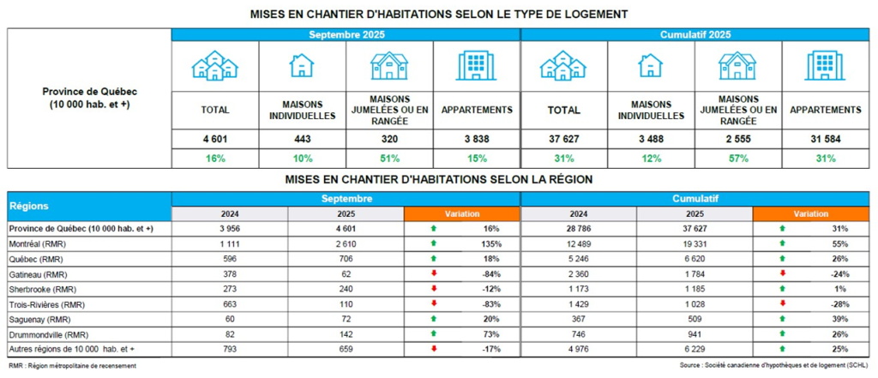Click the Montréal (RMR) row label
[39, 243]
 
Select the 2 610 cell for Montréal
[346, 243]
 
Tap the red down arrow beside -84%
[434, 273]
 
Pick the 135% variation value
[491, 243]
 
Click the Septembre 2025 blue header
[346, 34]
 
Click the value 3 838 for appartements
[476, 138]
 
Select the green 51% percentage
[389, 158]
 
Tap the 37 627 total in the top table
[563, 138]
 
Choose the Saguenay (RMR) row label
[39, 318]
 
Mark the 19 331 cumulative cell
[694, 243]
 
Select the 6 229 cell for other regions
[694, 348]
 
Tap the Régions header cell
[29, 207]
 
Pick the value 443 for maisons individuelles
[303, 138]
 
